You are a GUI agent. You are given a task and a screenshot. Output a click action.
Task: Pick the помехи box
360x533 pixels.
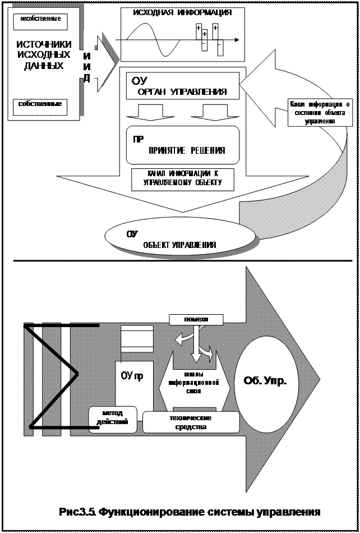[x=196, y=319]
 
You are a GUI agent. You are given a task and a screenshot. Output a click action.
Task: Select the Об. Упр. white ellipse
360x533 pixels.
[x=265, y=382]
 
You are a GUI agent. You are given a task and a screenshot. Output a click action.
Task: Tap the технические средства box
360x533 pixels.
[x=191, y=422]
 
